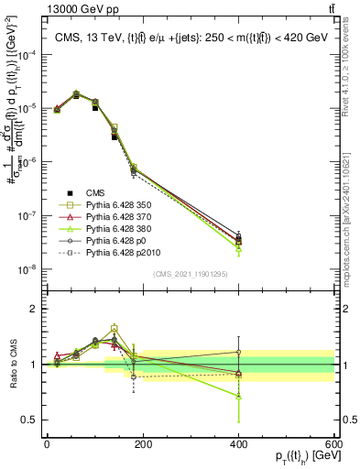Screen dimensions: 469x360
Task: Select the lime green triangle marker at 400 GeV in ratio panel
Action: [x=238, y=396]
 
